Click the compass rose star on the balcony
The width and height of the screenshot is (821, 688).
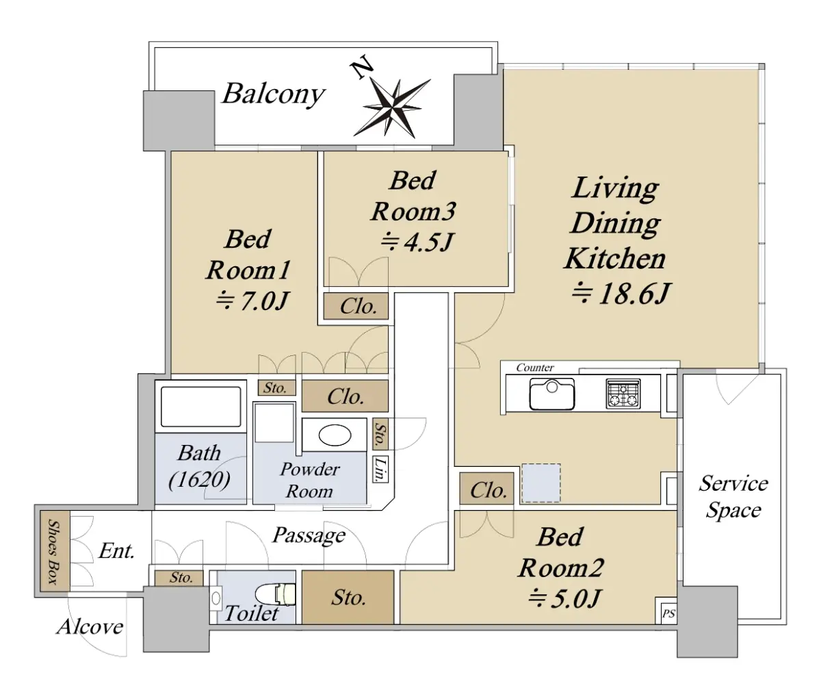393,107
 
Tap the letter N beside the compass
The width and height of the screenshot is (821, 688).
361,67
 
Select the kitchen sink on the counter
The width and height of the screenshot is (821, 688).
551,394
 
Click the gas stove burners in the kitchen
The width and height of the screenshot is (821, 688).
623,394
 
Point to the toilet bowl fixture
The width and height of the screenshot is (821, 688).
276,594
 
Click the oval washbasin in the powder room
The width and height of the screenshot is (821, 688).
335,435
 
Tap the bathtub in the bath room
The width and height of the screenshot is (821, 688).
201,407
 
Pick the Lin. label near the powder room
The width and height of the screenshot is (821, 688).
380,469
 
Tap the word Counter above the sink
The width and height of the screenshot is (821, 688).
535,368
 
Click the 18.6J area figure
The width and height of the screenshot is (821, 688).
621,294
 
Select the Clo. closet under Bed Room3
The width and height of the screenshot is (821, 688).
356,305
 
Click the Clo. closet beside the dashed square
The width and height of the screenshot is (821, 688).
486,489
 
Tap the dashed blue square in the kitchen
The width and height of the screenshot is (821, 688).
541,483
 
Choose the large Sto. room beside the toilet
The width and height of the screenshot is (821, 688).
348,597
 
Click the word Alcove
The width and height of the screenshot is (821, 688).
90,626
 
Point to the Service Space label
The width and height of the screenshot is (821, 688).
733,497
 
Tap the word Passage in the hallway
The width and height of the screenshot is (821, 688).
309,535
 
